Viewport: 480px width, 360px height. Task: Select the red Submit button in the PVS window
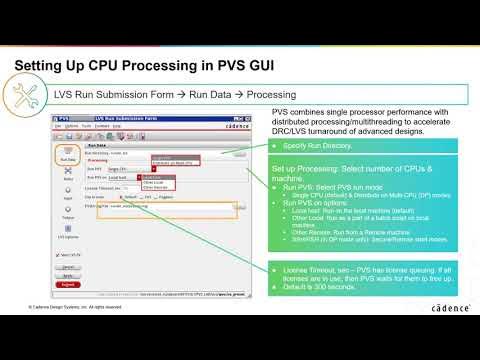pyautogui.click(x=40, y=285)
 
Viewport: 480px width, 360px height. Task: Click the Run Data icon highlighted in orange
pyautogui.click(x=40, y=155)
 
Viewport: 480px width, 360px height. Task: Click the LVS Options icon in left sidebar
pyautogui.click(x=40, y=232)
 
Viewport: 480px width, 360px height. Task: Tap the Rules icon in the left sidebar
pyautogui.click(x=40, y=176)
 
